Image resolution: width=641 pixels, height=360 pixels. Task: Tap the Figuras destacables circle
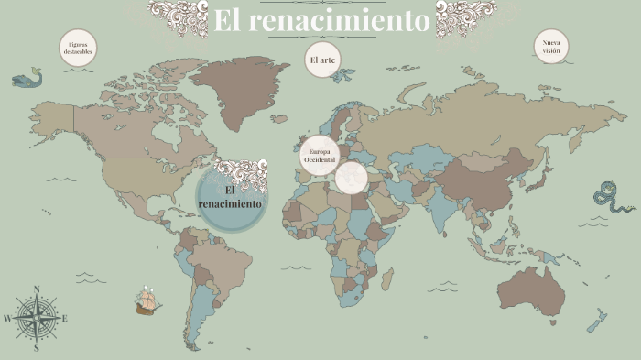point(78,49)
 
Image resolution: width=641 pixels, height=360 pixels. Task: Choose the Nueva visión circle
point(551,47)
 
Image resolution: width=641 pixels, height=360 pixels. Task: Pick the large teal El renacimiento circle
point(231,195)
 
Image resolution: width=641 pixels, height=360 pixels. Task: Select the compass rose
point(37,318)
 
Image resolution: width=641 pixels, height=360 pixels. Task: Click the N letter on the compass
point(37,289)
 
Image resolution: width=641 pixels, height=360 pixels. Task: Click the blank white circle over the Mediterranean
point(352,178)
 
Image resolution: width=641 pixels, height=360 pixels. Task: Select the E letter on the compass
point(65,319)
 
